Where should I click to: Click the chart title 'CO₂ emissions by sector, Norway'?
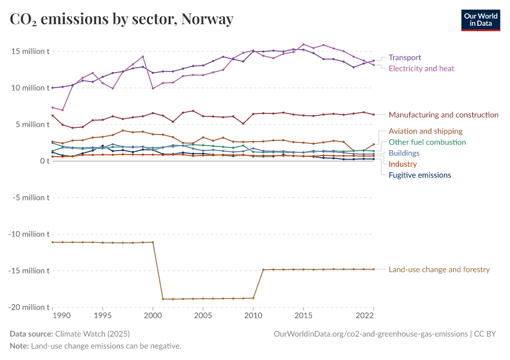(x=121, y=19)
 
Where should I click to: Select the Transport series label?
(x=404, y=58)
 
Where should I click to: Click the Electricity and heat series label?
(x=421, y=68)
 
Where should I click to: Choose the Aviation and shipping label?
(x=425, y=131)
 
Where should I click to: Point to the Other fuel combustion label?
(x=427, y=142)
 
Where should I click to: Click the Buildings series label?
(x=404, y=153)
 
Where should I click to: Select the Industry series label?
(x=403, y=164)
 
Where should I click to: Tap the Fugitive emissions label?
(x=419, y=175)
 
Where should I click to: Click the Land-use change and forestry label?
(x=439, y=270)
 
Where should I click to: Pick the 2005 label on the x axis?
(x=203, y=316)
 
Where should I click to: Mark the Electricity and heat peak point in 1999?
(x=143, y=56)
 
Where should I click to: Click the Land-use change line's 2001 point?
(x=163, y=299)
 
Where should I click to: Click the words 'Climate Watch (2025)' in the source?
(x=92, y=334)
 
